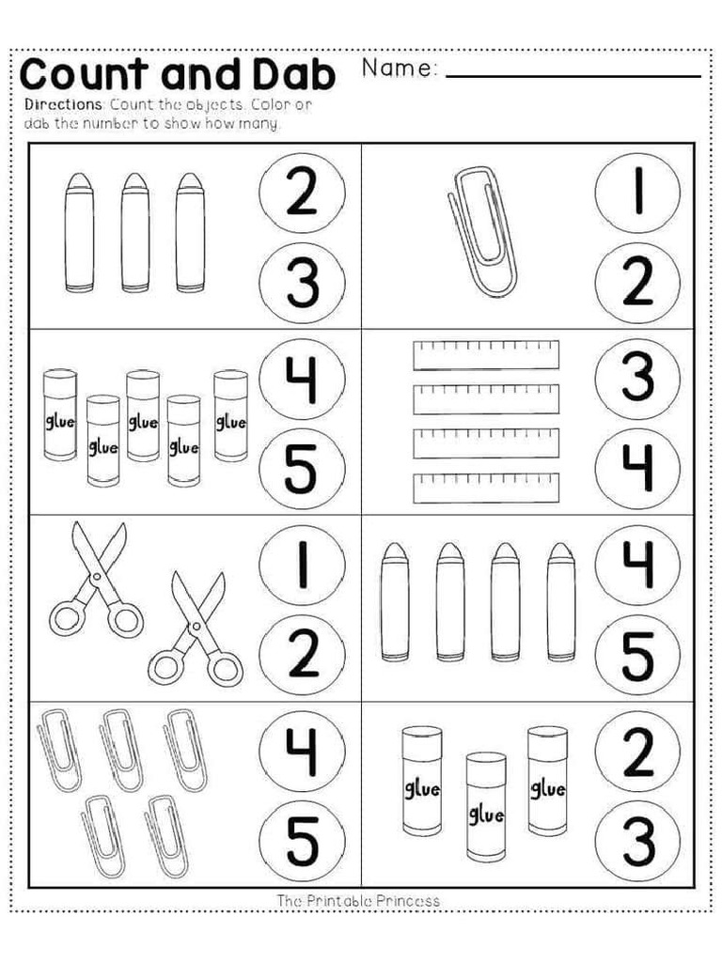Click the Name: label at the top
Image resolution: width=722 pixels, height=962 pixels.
(x=400, y=69)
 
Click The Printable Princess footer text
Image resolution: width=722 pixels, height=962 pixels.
(x=358, y=900)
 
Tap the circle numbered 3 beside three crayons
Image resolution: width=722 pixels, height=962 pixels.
(x=302, y=284)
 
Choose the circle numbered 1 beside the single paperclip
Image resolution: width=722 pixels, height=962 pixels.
(x=637, y=194)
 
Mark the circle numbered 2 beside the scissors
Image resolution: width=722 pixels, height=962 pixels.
(x=302, y=655)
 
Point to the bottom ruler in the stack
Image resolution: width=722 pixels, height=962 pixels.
(x=486, y=488)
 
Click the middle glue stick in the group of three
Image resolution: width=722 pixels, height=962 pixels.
(x=485, y=806)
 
